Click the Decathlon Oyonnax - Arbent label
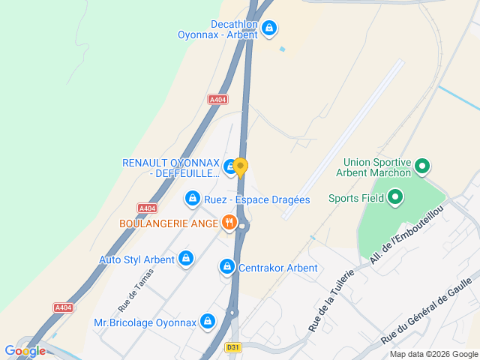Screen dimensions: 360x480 (217, 29)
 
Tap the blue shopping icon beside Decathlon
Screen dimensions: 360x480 (270, 28)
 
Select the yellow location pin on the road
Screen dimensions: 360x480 (240, 166)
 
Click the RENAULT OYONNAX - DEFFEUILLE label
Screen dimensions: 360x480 (171, 169)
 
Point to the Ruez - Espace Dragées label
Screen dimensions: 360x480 (256, 199)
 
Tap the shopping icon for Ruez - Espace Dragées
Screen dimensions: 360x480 (193, 199)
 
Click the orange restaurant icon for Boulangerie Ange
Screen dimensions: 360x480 (229, 223)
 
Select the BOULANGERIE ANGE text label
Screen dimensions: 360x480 (167, 223)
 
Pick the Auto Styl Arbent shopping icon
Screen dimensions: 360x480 (186, 259)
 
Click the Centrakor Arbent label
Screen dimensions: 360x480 (278, 268)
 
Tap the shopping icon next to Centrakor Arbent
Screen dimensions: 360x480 (226, 267)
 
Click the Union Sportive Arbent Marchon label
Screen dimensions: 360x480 (377, 167)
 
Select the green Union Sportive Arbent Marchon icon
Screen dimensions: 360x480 (422, 166)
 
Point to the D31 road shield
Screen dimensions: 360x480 (234, 347)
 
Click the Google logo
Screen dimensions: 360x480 (25, 350)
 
